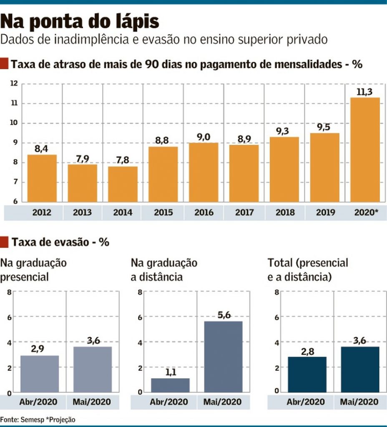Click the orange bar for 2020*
coord(365,150)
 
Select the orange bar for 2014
coord(123,184)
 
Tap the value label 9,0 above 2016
coord(204,137)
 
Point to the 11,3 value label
coord(365,92)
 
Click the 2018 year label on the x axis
coord(285,213)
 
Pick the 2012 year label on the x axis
coord(42,213)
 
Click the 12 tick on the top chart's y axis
coord(14,84)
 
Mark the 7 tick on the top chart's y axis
coord(15,182)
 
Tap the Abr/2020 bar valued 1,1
coord(170,385)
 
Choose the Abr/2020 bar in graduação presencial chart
coord(39,374)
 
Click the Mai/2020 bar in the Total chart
coord(359,369)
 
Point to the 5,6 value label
coord(224,315)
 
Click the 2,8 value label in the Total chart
coord(307,351)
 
